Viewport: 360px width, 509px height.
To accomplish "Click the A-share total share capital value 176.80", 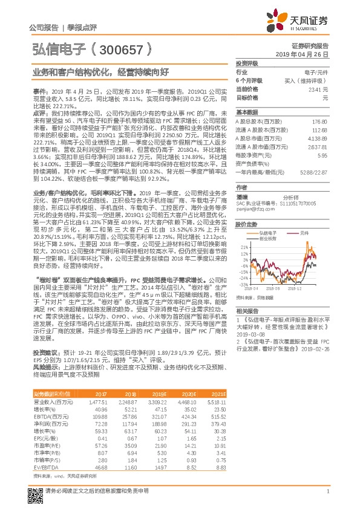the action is pos(319,122).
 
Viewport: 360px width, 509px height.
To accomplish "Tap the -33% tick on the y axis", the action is pos(243,284).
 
